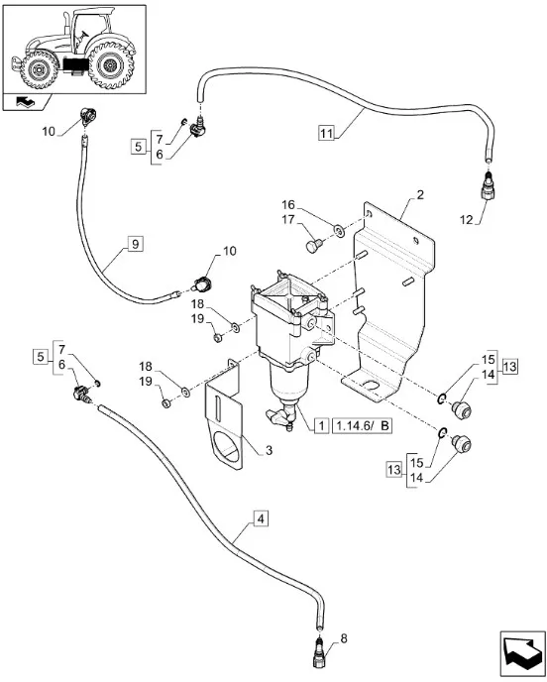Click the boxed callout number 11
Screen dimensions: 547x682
327,132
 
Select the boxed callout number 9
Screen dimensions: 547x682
135,244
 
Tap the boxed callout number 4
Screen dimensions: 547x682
260,518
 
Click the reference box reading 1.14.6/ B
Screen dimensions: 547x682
362,426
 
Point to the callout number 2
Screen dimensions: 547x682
419,195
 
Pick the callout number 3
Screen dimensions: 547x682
269,450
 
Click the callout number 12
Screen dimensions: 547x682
467,220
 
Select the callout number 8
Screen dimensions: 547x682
344,639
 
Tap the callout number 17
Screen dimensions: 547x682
288,220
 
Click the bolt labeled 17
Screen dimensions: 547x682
314,246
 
